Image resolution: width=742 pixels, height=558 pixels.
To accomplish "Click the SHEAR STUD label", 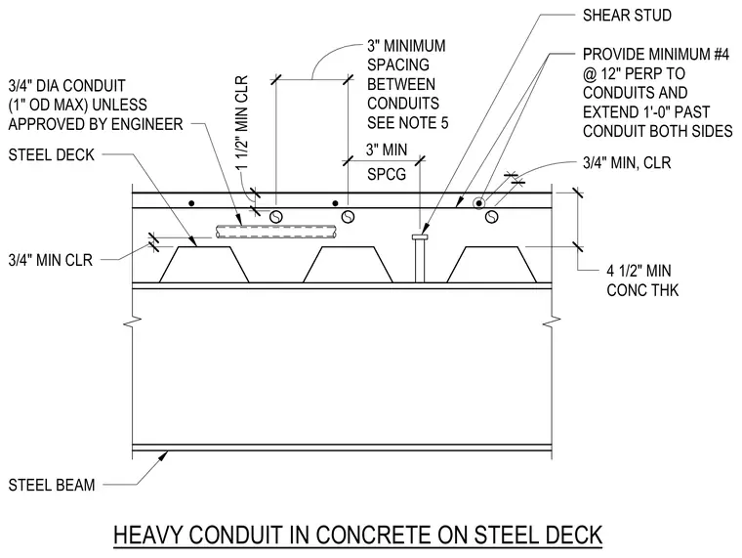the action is [627, 16].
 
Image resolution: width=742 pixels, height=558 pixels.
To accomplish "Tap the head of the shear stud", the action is [420, 236].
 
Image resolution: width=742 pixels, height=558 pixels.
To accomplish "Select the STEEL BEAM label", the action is [52, 485].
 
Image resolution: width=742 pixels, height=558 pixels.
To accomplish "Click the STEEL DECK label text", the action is [52, 155].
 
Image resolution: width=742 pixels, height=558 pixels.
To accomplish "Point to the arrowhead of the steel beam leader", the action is [163, 455].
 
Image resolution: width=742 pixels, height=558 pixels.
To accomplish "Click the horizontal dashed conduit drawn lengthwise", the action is [277, 232].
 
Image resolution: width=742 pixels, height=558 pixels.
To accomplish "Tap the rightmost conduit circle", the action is [492, 217].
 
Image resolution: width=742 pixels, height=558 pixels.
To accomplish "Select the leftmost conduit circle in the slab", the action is [276, 217].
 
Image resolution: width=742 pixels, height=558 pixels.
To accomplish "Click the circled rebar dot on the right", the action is [479, 203].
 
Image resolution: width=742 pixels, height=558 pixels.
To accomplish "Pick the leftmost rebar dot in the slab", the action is [191, 203].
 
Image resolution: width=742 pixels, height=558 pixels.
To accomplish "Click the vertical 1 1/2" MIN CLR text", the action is [242, 123].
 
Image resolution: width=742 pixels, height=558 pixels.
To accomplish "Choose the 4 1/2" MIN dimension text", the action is [639, 271].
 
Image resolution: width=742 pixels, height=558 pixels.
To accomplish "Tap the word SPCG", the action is [387, 174].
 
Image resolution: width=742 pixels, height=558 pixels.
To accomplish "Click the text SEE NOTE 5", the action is [407, 123].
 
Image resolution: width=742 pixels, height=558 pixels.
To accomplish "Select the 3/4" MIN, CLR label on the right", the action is [627, 163].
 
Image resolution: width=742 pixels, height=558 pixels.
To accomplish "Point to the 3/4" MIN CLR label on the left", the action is [50, 260].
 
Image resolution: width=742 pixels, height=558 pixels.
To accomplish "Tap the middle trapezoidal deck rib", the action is [348, 264].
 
